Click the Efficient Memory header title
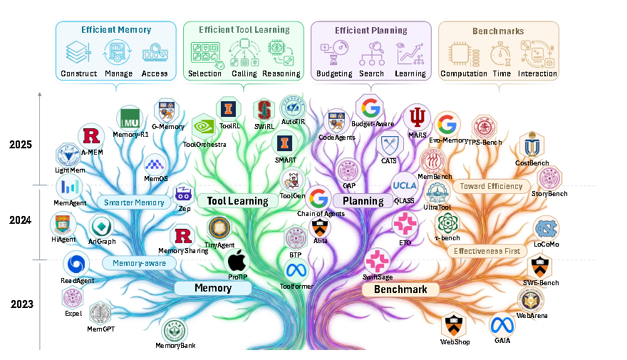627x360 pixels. (x=116, y=30)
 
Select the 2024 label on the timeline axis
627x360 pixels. (x=20, y=220)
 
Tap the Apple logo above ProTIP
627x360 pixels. (x=237, y=261)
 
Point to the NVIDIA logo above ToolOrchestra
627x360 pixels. (x=204, y=126)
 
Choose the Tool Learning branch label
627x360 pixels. (x=237, y=201)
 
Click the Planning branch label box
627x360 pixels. (x=363, y=201)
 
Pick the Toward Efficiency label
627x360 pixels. (x=491, y=187)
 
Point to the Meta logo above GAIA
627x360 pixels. (x=501, y=325)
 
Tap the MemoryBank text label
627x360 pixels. (x=175, y=346)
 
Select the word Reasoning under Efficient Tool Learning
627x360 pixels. (x=281, y=73)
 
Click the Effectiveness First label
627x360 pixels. (x=487, y=251)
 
